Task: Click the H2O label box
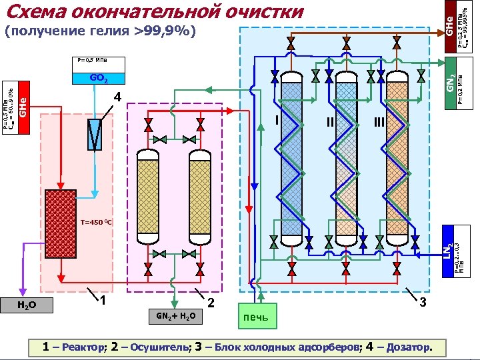[27, 305]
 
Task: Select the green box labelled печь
[255, 315]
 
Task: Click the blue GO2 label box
[99, 78]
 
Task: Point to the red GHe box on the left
[23, 107]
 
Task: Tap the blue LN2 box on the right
[450, 250]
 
